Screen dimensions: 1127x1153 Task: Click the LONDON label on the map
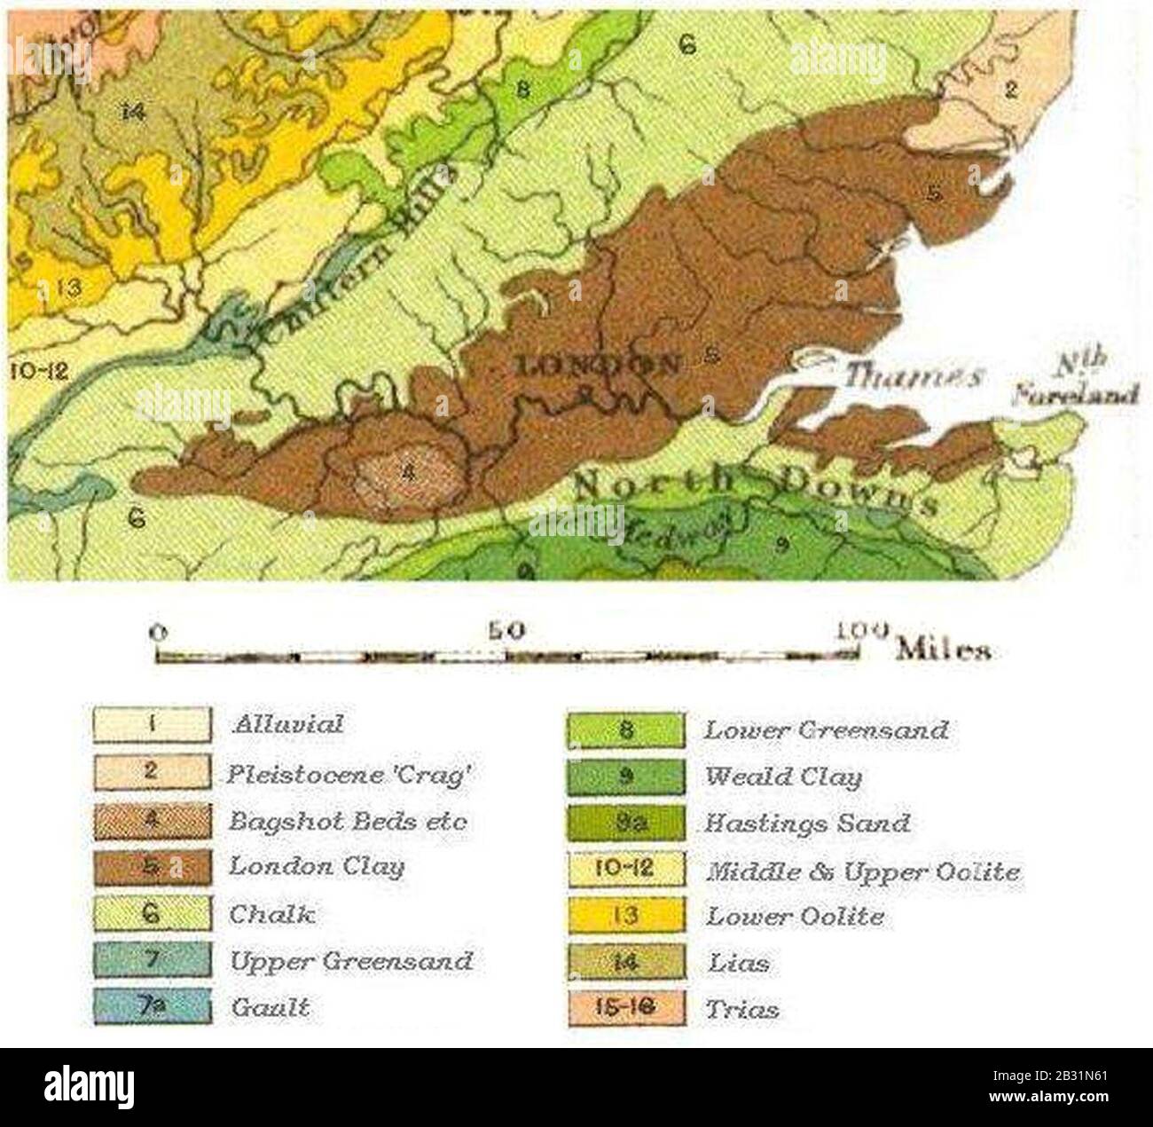click(x=599, y=364)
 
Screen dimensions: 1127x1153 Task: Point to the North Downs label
click(x=754, y=491)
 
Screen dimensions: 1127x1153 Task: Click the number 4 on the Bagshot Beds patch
click(x=408, y=473)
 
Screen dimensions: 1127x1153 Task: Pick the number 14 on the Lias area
click(x=131, y=110)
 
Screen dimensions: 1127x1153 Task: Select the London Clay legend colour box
click(x=152, y=866)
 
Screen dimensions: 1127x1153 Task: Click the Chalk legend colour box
click(x=152, y=913)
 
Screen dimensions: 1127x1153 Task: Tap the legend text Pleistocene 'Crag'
click(x=349, y=774)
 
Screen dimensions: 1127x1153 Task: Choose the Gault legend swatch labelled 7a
click(x=152, y=1007)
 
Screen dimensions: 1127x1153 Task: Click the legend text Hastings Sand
click(x=807, y=823)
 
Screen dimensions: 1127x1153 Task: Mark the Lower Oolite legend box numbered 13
click(x=626, y=915)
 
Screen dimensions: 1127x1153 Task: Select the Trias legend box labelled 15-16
click(x=626, y=1008)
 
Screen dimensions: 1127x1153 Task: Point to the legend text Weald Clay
click(x=782, y=776)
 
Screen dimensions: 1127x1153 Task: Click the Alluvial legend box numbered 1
click(x=152, y=725)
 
